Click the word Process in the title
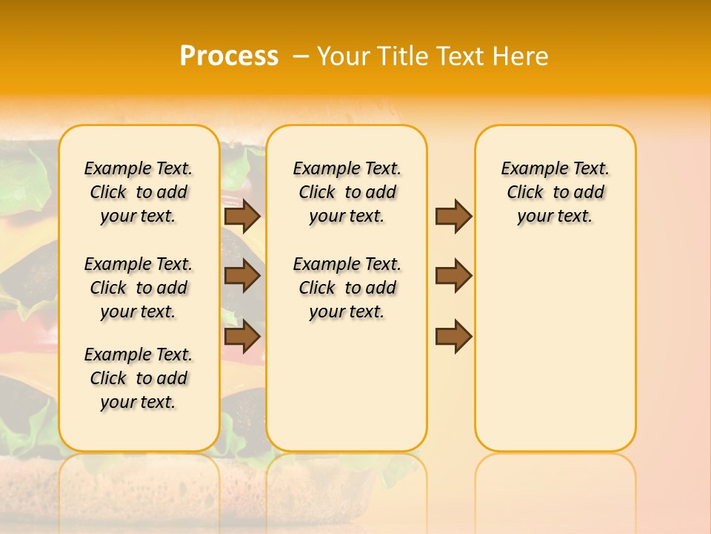click(229, 56)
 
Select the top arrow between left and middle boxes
click(241, 216)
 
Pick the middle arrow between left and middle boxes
click(241, 276)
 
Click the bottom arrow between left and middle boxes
click(241, 336)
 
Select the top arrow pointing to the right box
click(453, 216)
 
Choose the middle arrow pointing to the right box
click(453, 276)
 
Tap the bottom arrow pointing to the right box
click(453, 336)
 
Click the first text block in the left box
click(138, 192)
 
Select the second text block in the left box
click(138, 288)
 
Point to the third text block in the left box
click(138, 378)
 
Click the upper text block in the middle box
click(347, 192)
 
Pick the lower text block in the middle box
click(347, 288)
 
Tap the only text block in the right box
click(555, 192)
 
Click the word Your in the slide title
click(344, 56)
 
